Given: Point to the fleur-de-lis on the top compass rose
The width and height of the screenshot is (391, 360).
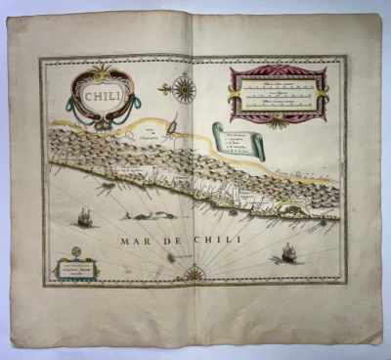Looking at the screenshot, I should pyautogui.click(x=183, y=73).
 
